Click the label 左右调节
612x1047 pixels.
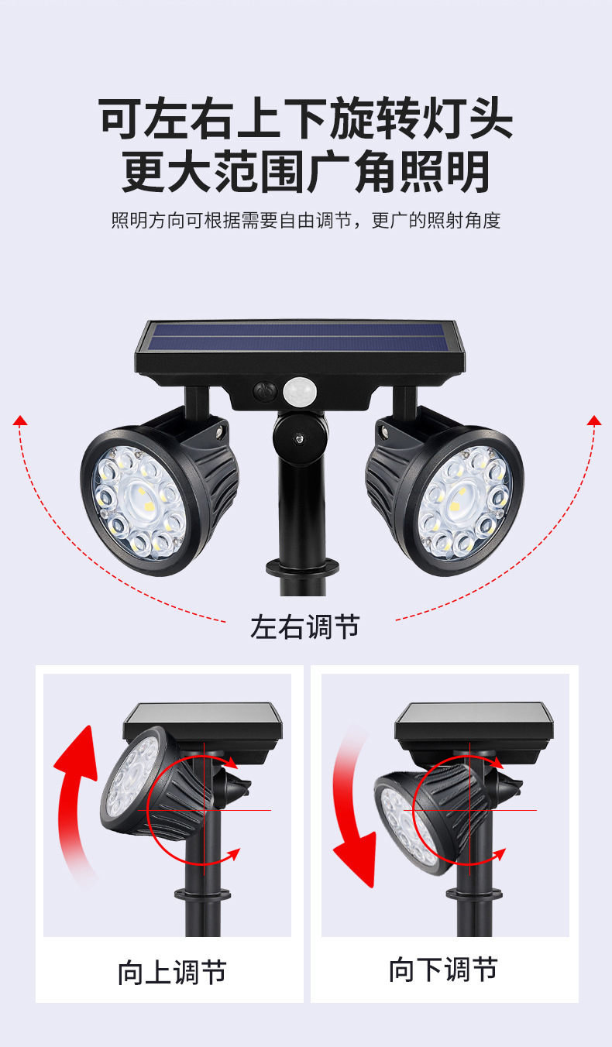tap(304, 626)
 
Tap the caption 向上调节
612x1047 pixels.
tap(171, 972)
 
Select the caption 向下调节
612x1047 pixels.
tap(443, 969)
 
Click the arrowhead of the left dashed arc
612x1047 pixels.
tap(20, 421)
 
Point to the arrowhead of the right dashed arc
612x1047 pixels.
tap(594, 421)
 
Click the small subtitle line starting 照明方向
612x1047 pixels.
tap(306, 221)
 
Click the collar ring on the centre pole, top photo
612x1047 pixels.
tap(301, 568)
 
